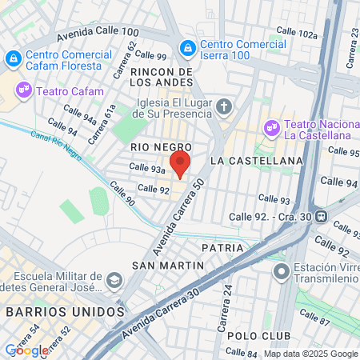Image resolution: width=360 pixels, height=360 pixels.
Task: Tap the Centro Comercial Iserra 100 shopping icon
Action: (187, 49)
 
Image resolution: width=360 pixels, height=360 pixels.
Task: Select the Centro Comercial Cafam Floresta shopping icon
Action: (13, 58)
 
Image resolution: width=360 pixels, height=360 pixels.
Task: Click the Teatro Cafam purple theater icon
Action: (24, 90)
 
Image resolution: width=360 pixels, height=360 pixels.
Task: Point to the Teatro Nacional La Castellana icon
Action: (271, 126)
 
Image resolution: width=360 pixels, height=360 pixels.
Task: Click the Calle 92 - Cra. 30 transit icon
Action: (320, 215)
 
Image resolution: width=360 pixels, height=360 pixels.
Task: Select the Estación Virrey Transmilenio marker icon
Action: (280, 273)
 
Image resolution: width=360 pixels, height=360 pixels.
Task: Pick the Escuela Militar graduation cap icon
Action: (114, 280)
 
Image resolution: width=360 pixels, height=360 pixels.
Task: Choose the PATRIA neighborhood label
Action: (222, 248)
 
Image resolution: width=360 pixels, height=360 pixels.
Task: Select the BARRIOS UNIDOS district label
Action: (62, 310)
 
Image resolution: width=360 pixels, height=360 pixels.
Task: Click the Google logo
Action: (26, 350)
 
